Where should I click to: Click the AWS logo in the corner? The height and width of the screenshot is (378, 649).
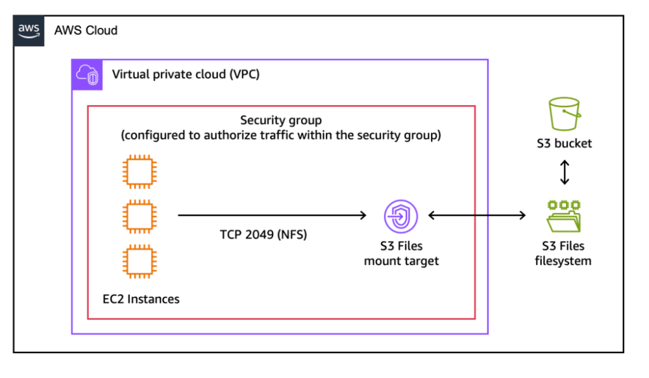tap(29, 31)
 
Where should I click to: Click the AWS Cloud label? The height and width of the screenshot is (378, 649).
tap(86, 31)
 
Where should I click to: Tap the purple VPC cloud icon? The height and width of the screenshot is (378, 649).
tap(86, 74)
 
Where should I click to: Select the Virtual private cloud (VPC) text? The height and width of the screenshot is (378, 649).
tap(186, 74)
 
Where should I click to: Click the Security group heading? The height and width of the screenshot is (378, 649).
tap(281, 120)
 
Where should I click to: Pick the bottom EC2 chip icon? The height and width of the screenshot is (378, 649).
tap(140, 261)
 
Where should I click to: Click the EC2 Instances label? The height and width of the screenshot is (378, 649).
tap(141, 299)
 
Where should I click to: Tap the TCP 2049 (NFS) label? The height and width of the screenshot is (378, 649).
tap(263, 234)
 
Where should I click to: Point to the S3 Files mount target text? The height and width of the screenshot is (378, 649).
tap(401, 253)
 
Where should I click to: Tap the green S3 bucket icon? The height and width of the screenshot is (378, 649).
tap(563, 114)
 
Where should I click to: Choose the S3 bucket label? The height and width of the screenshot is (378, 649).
tap(564, 144)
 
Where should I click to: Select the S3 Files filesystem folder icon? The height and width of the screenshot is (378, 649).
tap(563, 216)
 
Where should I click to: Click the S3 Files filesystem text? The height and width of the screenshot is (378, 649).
tap(563, 253)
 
